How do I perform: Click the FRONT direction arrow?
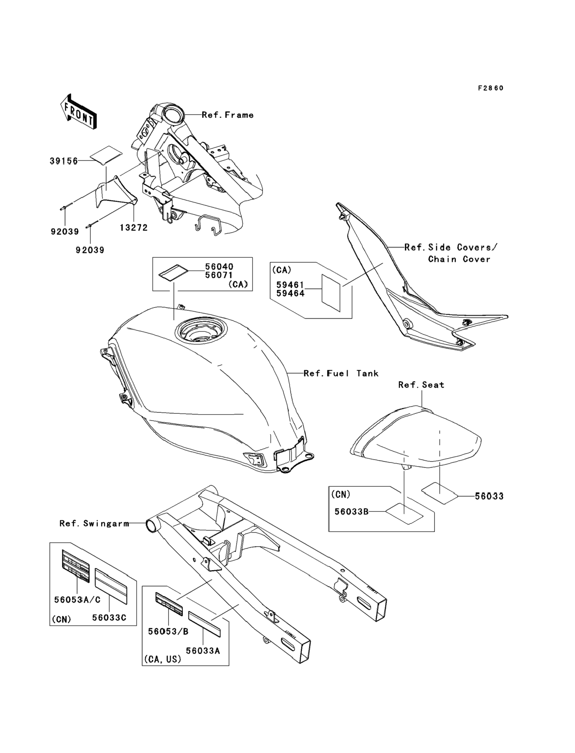[x=78, y=112]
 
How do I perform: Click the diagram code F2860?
[x=491, y=88]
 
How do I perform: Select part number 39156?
[x=64, y=161]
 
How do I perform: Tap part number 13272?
[x=134, y=228]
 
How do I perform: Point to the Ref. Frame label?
[x=228, y=115]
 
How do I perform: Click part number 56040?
[x=219, y=267]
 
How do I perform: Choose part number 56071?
[x=219, y=275]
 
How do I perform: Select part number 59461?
[x=290, y=285]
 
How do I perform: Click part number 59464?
[x=290, y=293]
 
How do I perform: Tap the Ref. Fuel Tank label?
[x=341, y=373]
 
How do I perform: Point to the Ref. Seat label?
[x=421, y=385]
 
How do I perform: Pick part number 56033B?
[x=351, y=521]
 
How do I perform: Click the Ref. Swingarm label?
[x=94, y=523]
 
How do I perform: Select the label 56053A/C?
[x=77, y=600]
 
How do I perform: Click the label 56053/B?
[x=168, y=632]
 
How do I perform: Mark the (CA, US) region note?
[x=163, y=659]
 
